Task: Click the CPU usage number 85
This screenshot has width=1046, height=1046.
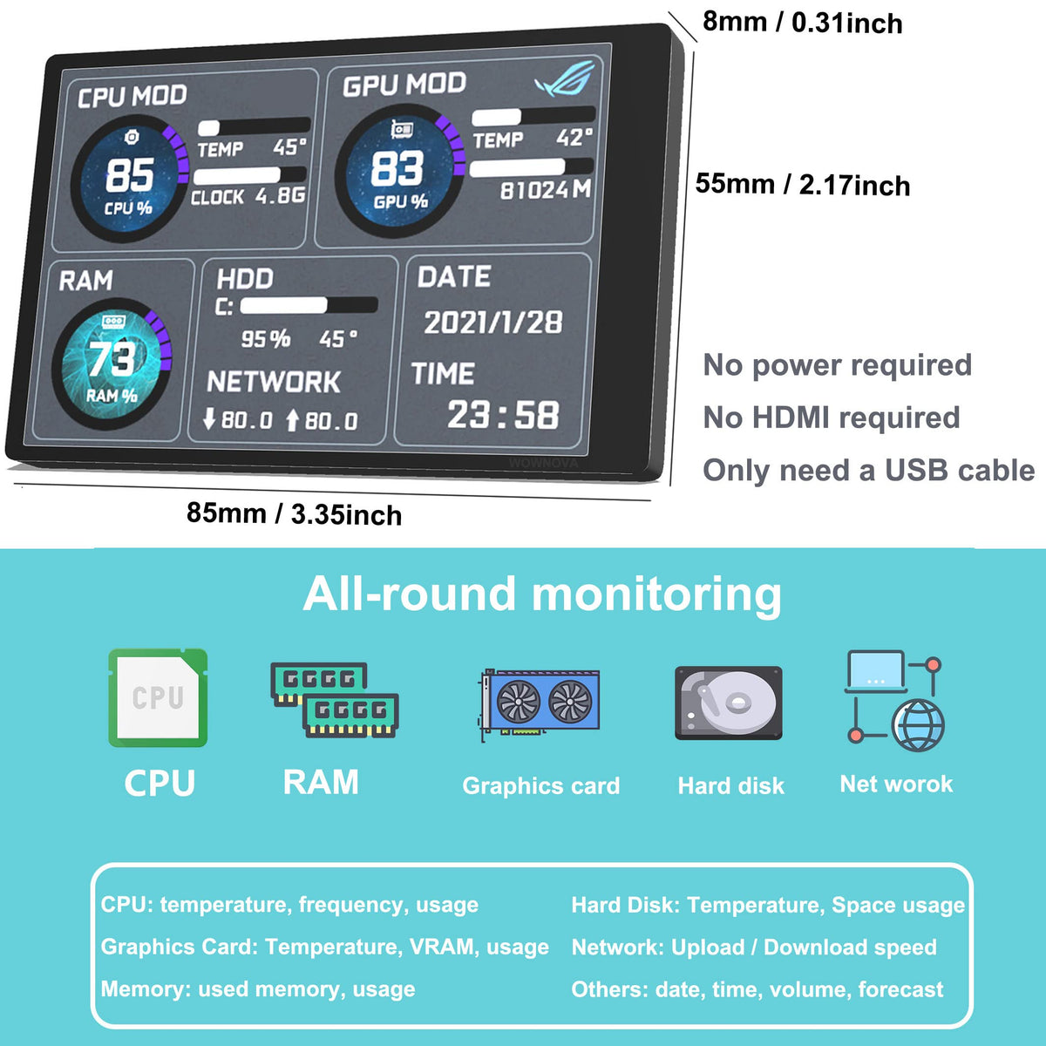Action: tap(130, 175)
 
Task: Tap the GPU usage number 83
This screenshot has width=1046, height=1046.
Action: tap(397, 168)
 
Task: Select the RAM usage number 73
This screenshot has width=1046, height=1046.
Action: tap(112, 358)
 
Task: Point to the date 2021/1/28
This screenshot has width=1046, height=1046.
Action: tap(492, 323)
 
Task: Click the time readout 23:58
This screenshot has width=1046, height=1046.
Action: tap(503, 415)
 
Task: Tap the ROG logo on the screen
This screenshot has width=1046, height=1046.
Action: tap(565, 79)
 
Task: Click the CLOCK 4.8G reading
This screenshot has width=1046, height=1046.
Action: tap(248, 196)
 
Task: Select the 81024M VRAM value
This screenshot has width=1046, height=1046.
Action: tap(546, 190)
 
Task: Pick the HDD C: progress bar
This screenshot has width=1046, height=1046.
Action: tap(309, 305)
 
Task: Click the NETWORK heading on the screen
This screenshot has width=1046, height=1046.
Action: tap(274, 382)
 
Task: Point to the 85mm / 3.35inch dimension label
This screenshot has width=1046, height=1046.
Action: tap(294, 513)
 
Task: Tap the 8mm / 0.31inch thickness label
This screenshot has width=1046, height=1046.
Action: tap(802, 23)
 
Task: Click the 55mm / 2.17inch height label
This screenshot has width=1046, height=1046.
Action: tap(803, 185)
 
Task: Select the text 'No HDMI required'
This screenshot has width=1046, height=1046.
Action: tap(832, 418)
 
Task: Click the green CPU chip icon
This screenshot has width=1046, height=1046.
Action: tap(158, 697)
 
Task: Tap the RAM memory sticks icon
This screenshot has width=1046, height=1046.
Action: tap(335, 700)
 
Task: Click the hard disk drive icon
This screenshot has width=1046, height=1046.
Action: tap(729, 703)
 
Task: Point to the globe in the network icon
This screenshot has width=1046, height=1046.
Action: tap(919, 725)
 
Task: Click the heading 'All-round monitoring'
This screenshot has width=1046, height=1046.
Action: tap(541, 595)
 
